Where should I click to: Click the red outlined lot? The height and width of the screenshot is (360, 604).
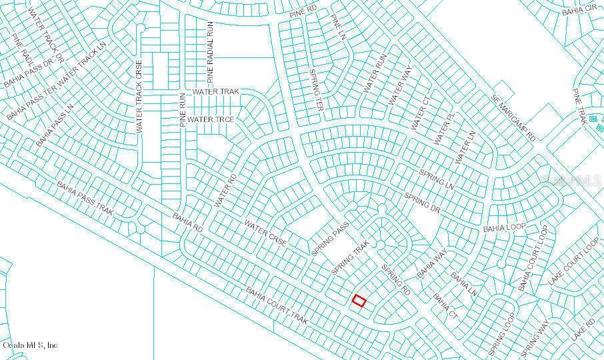(x=359, y=301)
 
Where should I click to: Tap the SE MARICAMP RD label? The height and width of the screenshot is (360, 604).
(x=515, y=116)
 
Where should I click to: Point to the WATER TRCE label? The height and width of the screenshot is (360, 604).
(x=211, y=119)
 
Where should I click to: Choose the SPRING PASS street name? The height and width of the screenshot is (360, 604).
(x=331, y=238)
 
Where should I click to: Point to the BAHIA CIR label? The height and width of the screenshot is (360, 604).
(x=578, y=10)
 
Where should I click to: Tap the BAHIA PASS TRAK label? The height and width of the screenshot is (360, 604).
(x=85, y=198)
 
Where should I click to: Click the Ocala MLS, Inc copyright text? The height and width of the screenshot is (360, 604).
(x=30, y=345)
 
